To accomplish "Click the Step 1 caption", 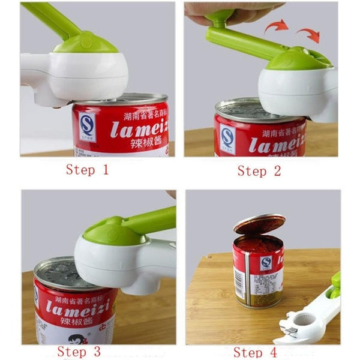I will click(88, 170).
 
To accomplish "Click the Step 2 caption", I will click(259, 171).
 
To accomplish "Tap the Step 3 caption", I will click(79, 352).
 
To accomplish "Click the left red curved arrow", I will click(276, 25).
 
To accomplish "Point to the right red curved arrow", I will click(311, 35).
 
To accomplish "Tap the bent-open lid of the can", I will click(259, 224).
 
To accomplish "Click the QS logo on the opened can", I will click(266, 263).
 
